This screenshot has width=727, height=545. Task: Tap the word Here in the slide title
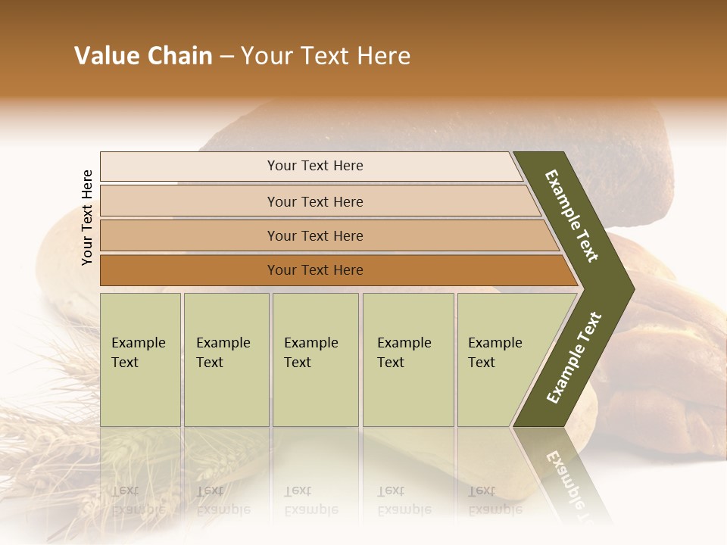(x=383, y=56)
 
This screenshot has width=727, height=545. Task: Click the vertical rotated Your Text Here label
(x=87, y=218)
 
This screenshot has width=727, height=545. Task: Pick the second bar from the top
(x=315, y=201)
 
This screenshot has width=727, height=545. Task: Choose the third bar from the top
(x=315, y=235)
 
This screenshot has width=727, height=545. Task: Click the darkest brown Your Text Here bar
(x=315, y=270)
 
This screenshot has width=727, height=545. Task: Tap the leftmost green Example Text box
(x=140, y=359)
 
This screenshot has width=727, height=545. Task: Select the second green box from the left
(x=226, y=359)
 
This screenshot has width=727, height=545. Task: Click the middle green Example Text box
(x=315, y=359)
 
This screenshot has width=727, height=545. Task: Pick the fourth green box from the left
(x=407, y=359)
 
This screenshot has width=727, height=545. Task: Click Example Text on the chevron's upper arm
(x=572, y=216)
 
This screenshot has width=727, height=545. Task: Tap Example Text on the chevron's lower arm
(x=574, y=357)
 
